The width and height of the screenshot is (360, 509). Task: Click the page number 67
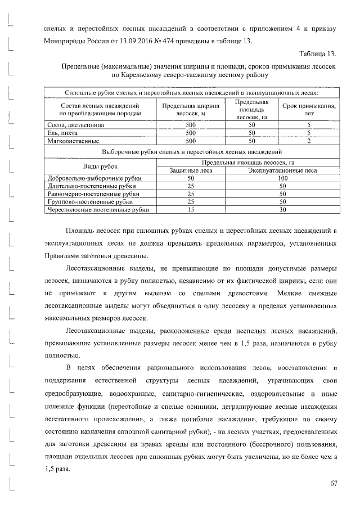click(x=333, y=484)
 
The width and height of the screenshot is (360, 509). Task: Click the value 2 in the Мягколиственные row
click(x=309, y=141)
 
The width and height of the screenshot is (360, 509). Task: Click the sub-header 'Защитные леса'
click(x=190, y=170)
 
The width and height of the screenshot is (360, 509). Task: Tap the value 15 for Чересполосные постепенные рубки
click(x=190, y=210)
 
